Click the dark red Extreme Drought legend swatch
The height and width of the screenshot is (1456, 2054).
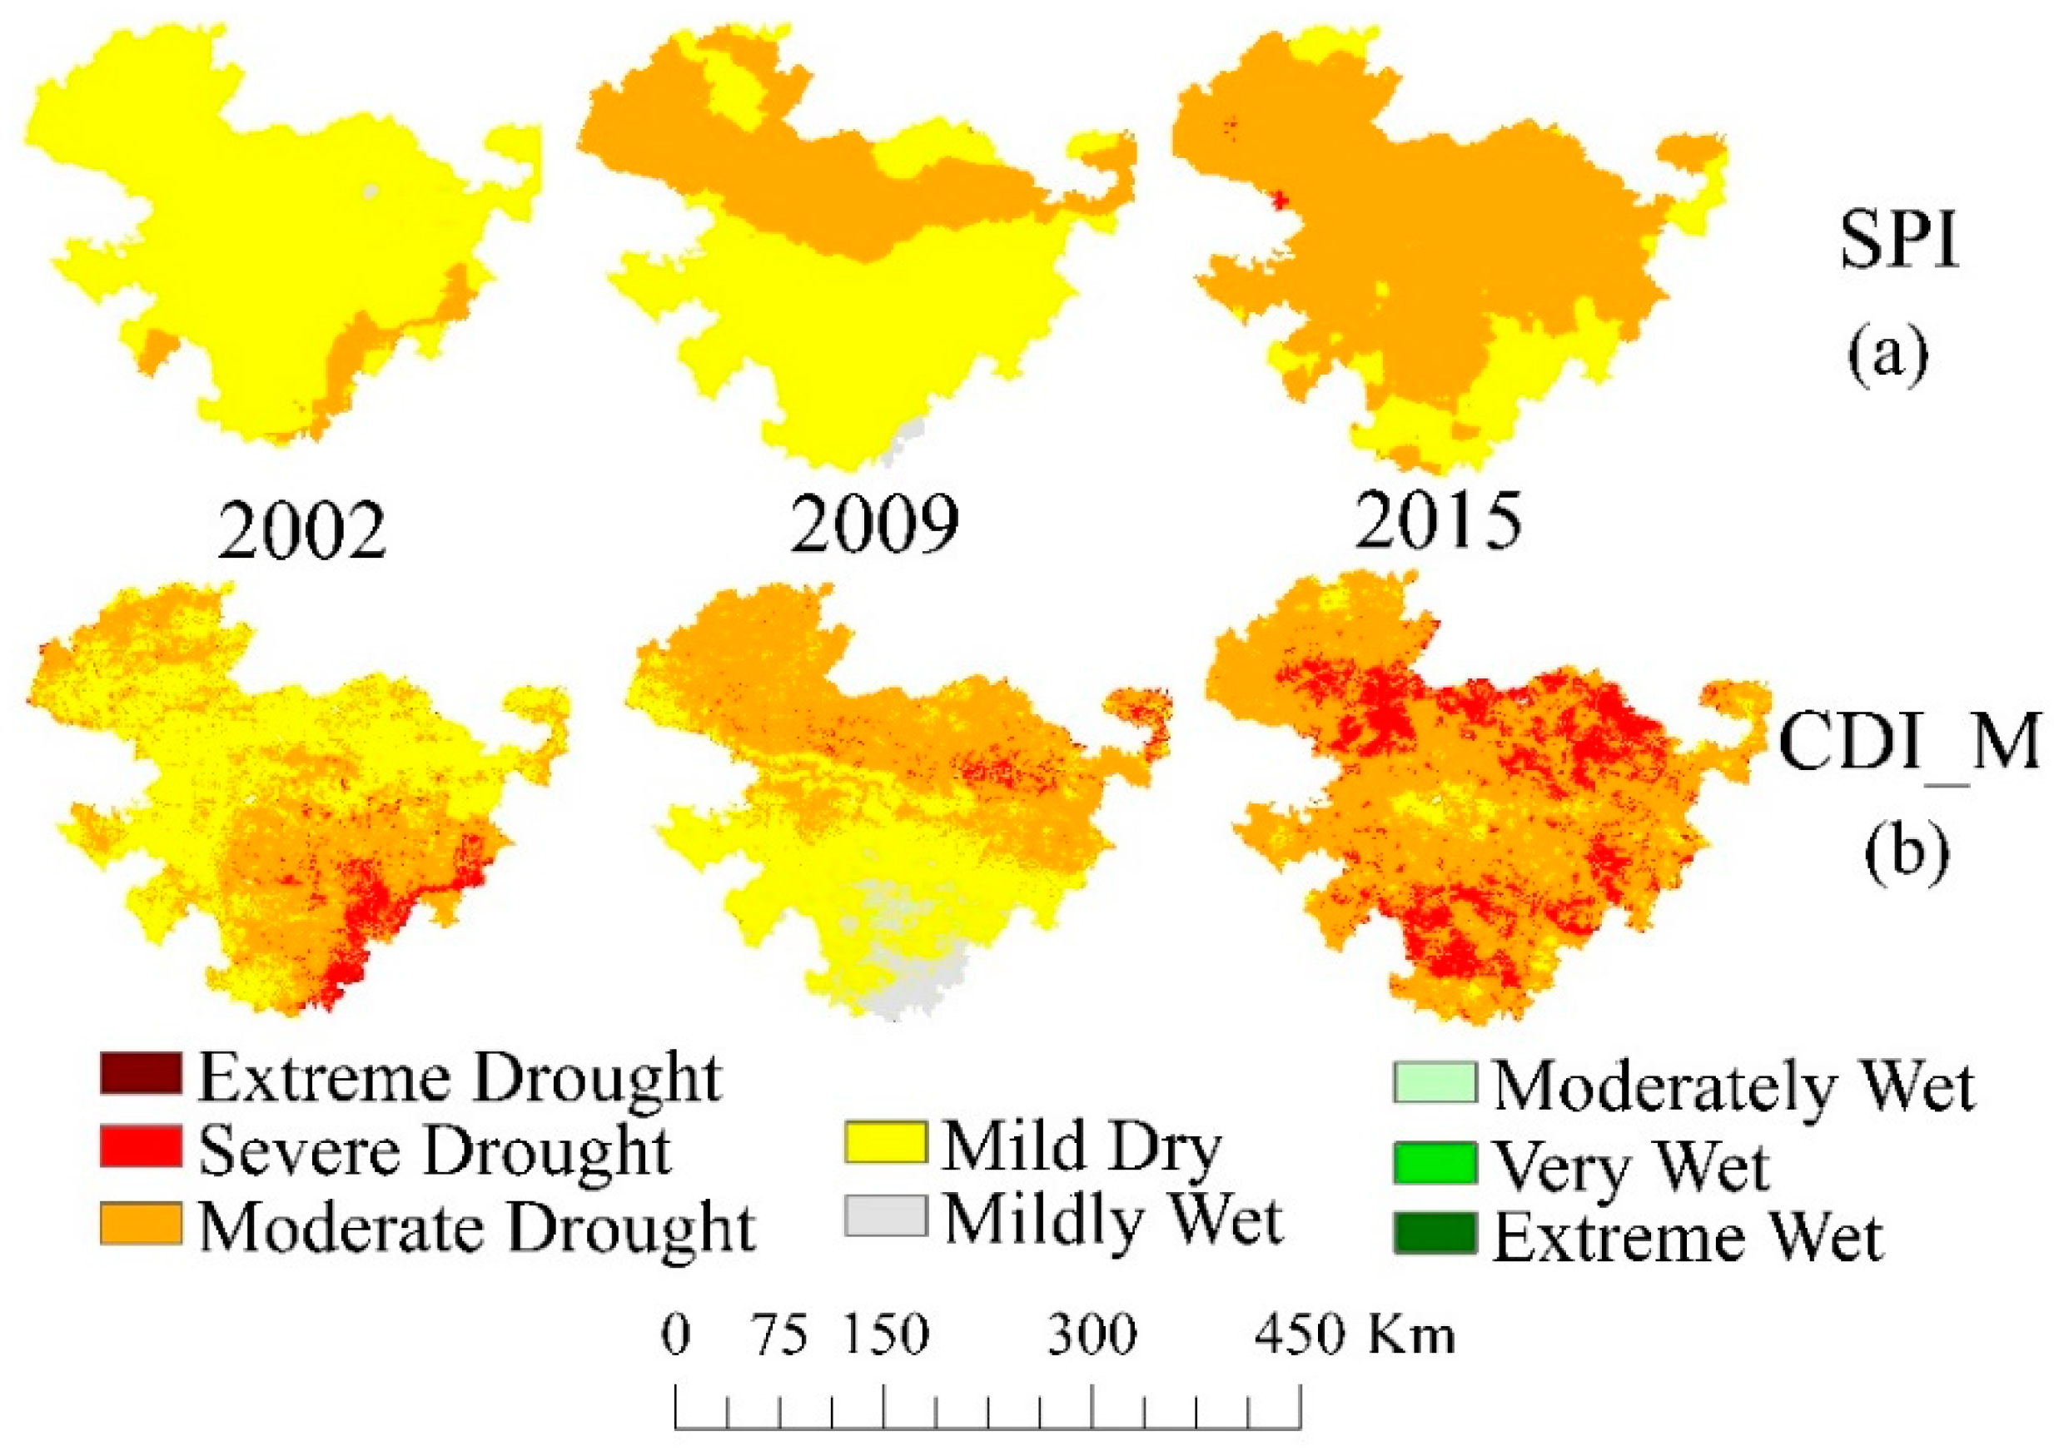(140, 1074)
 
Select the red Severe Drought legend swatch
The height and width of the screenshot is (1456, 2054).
(140, 1146)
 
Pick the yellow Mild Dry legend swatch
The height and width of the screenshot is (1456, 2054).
(885, 1143)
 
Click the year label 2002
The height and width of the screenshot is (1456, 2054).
(301, 529)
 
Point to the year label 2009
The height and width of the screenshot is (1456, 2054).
(874, 524)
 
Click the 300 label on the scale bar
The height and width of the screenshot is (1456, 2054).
(1092, 1335)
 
